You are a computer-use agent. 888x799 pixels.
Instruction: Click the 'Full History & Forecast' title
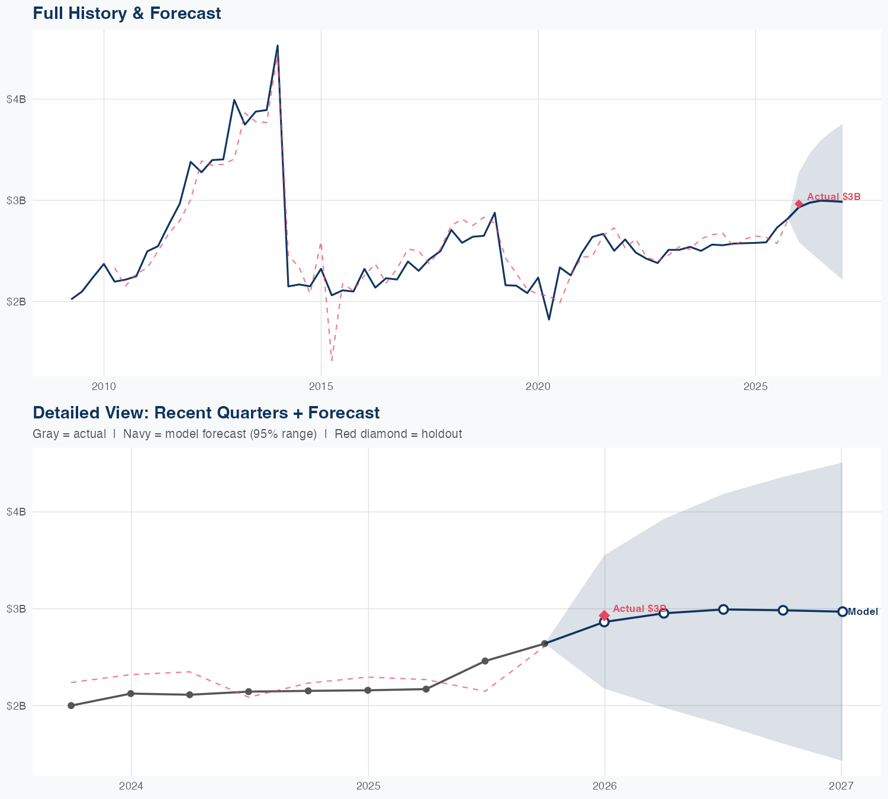[x=127, y=13]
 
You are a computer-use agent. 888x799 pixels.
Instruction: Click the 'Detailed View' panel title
[x=206, y=413]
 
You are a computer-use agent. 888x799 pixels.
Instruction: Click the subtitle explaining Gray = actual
[x=247, y=434]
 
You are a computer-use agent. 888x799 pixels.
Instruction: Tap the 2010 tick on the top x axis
[x=104, y=387]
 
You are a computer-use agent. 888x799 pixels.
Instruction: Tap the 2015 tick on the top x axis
[x=321, y=387]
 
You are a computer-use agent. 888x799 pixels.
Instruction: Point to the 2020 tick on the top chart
[x=538, y=387]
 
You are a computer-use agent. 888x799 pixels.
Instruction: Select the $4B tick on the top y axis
[x=16, y=99]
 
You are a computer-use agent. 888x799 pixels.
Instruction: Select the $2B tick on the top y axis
[x=16, y=301]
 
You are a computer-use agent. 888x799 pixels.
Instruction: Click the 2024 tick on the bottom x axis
[x=131, y=786]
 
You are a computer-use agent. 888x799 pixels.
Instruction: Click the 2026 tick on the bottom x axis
[x=604, y=786]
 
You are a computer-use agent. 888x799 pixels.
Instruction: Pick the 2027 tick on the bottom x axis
[x=841, y=786]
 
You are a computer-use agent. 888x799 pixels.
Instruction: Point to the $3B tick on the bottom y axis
[x=16, y=608]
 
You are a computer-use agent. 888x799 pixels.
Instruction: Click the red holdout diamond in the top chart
[x=799, y=204]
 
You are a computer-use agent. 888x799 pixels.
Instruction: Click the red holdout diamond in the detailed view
[x=604, y=616]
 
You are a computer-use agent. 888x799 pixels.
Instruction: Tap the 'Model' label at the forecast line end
[x=863, y=612]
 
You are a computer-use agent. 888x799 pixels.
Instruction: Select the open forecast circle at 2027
[x=842, y=611]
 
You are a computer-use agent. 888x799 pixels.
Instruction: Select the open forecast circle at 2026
[x=604, y=622]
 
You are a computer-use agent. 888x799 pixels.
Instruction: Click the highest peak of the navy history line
[x=278, y=46]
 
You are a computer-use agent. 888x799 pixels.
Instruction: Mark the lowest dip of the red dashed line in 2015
[x=332, y=360]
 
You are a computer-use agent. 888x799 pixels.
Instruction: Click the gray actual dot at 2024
[x=131, y=694]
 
